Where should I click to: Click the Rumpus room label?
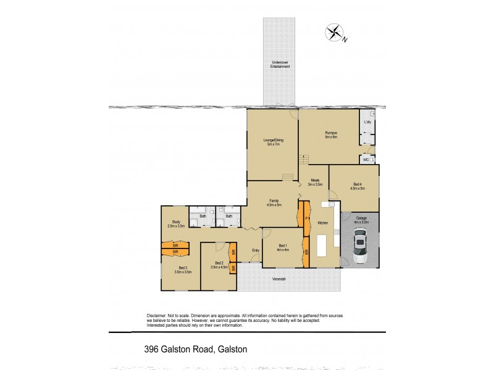[x=332, y=135]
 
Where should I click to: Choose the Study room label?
[x=176, y=224]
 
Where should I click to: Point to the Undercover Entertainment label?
[x=280, y=64]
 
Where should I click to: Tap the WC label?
[x=366, y=160]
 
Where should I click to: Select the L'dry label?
[x=367, y=122]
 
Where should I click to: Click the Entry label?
[x=256, y=250]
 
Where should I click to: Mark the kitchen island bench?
[x=322, y=246]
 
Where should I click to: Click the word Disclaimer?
[x=159, y=315]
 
